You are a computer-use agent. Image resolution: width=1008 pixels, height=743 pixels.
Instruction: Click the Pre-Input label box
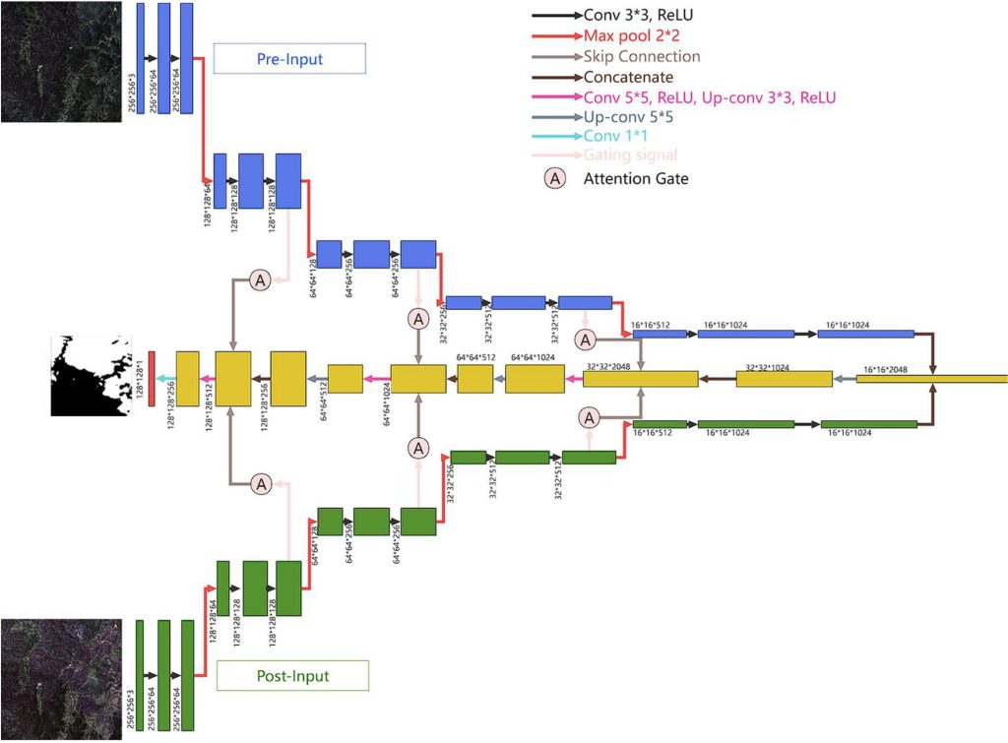point(289,59)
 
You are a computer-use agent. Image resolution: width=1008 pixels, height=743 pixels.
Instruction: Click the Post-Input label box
point(292,676)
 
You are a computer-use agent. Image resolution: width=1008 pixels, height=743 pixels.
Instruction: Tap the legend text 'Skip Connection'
point(642,56)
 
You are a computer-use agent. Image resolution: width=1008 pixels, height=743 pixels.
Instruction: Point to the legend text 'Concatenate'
point(628,76)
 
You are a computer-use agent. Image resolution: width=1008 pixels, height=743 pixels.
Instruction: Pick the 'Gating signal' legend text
point(630,155)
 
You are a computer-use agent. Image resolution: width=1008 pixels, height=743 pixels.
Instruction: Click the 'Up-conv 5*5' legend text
point(629,115)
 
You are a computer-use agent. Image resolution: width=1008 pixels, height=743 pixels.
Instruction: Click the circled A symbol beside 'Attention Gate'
point(555,178)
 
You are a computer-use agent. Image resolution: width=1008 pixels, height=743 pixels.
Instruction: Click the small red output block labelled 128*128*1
point(152,378)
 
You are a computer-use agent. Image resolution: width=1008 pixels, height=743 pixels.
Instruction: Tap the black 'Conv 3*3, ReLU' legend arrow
point(556,17)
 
